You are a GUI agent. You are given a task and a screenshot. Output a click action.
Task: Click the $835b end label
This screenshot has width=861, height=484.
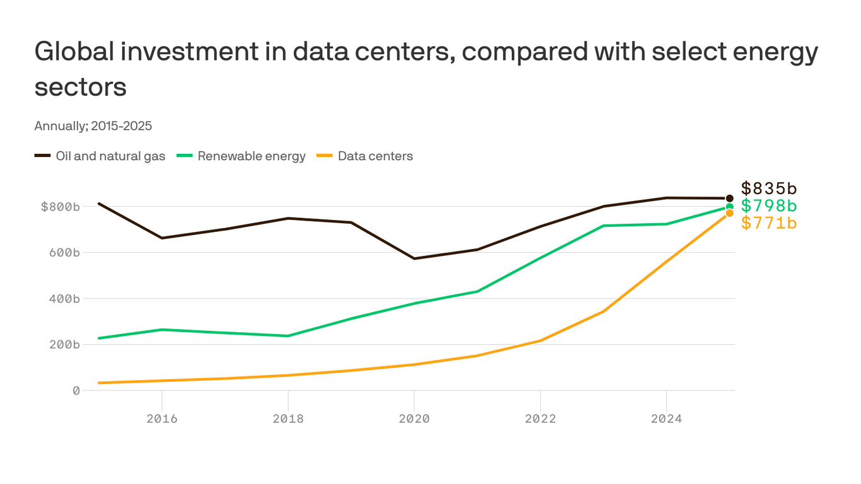click(x=768, y=188)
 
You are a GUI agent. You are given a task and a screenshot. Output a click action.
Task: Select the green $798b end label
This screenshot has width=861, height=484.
click(x=768, y=206)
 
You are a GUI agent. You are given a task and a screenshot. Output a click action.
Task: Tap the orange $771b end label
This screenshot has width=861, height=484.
click(x=768, y=223)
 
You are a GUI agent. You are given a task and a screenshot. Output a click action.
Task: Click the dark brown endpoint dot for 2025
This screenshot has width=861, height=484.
click(x=729, y=199)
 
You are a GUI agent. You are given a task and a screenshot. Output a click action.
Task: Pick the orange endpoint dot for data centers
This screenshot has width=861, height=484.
click(x=729, y=214)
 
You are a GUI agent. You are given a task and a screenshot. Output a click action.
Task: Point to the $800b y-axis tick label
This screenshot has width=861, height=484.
click(x=61, y=207)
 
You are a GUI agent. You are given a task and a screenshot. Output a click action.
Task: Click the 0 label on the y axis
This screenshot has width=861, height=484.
click(x=76, y=391)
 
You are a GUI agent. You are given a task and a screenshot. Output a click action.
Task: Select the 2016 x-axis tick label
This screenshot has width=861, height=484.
click(x=162, y=419)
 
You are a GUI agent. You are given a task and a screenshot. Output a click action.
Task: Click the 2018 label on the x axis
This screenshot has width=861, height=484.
click(x=288, y=419)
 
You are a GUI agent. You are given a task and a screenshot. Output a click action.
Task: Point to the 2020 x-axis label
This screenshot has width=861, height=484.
click(x=414, y=419)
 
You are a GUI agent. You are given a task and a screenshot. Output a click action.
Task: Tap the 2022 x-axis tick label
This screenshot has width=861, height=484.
click(x=540, y=419)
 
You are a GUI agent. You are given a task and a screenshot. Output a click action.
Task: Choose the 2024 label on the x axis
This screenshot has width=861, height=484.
click(x=666, y=419)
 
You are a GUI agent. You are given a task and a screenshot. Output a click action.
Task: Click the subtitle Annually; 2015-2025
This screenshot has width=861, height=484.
click(x=93, y=126)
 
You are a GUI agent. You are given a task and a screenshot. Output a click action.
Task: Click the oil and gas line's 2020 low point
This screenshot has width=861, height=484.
click(x=414, y=258)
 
